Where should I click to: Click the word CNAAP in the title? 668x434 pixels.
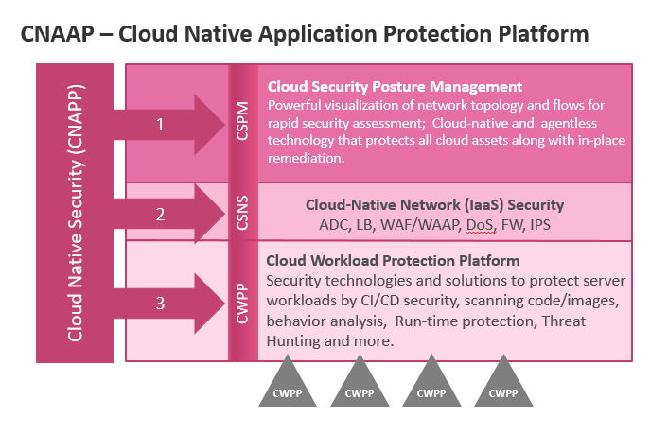pos(58,34)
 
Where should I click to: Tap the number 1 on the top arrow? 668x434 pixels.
pos(160,125)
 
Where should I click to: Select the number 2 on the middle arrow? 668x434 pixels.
pos(160,215)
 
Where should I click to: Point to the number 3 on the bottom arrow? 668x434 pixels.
pos(160,304)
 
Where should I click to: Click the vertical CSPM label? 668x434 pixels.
pos(242,121)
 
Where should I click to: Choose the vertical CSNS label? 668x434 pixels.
pos(242,213)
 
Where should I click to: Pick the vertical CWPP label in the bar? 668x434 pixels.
pos(242,304)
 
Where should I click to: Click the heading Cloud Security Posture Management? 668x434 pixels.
pos(395,87)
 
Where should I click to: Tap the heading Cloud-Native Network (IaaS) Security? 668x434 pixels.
pos(434,205)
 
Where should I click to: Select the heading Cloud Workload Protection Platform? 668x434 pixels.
pos(393,261)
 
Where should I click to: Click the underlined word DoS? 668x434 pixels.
pos(481,224)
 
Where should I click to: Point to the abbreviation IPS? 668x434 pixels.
pos(540,224)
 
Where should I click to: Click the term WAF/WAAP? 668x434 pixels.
pos(421,224)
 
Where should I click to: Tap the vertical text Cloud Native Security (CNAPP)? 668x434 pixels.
pos(75,213)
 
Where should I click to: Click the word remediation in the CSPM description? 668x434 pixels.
pos(306,159)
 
